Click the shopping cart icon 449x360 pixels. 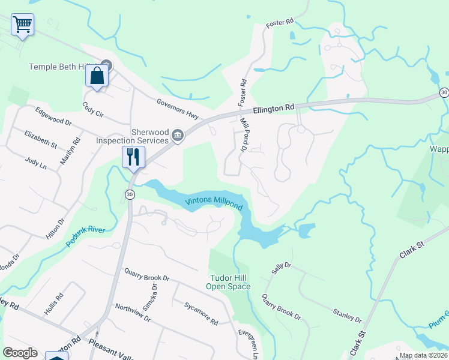point(23,25)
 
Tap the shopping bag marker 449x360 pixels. point(97,76)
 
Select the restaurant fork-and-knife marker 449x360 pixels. point(133,157)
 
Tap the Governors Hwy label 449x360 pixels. point(178,109)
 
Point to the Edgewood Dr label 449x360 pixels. point(53,116)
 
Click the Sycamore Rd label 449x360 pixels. point(201,313)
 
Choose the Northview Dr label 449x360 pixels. point(134,314)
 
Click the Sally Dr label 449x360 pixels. point(281,268)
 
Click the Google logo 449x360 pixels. point(20,353)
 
